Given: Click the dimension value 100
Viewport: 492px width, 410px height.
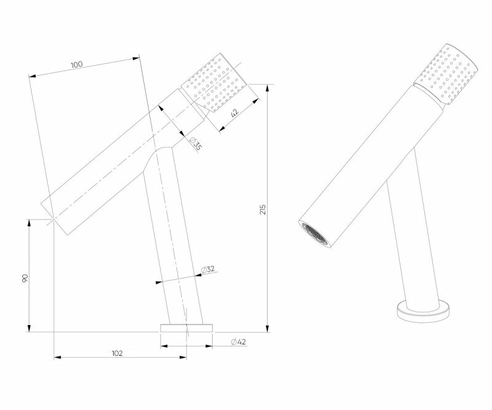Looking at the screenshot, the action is [77, 64].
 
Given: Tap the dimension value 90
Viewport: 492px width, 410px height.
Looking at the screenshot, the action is [25, 278].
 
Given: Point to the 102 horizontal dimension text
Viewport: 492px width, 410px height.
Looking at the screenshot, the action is [117, 353].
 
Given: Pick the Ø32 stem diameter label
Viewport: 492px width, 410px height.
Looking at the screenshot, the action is [207, 269].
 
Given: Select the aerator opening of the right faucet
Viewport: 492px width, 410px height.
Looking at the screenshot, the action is [314, 234].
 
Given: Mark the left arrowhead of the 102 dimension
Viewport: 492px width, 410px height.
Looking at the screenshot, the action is [57, 357].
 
